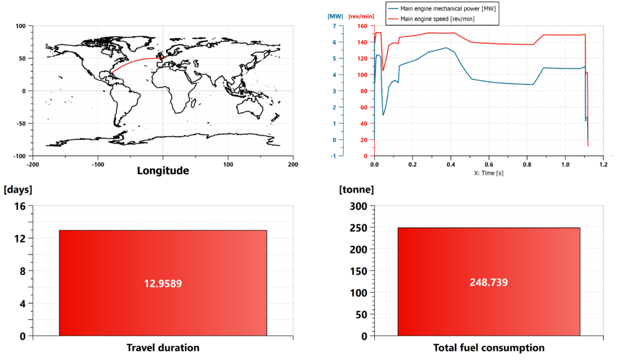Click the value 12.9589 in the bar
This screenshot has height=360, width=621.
163,283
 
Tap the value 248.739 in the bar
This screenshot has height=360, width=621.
488,283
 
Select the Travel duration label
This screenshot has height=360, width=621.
163,348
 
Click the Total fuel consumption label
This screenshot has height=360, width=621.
489,348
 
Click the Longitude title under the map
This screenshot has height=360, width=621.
163,171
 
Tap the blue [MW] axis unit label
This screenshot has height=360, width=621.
335,16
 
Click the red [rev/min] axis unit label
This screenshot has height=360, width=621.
360,16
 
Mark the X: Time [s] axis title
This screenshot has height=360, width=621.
489,173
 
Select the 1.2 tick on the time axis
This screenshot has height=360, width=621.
603,164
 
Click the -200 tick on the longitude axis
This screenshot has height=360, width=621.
33,164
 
